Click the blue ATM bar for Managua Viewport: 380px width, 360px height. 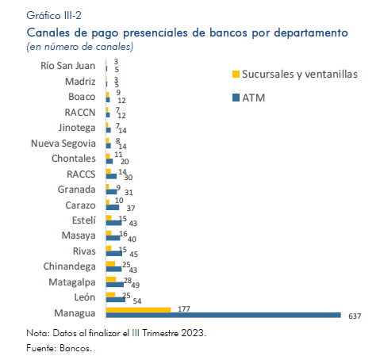pos(224,315)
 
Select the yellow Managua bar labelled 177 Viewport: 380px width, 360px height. pos(139,310)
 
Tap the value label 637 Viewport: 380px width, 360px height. pos(355,316)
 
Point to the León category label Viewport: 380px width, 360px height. pos(85,297)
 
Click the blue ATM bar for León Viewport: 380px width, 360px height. pos(116,300)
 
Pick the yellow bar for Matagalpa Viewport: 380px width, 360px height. pos(111,279)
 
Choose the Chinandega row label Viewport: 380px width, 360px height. pos(69,266)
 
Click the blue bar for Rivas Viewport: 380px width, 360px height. pos(114,254)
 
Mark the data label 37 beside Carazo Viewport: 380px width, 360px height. pos(131,209)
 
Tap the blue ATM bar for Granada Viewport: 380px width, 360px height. pos(112,192)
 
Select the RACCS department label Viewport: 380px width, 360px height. pos(81,174)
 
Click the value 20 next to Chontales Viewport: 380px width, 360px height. pos(125,162)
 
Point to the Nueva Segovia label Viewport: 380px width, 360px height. pos(63,144)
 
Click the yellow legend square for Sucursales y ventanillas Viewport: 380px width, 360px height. pos(236,75)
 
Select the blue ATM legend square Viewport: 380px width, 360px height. pos(236,98)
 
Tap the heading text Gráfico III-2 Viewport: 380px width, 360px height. pos(54,16)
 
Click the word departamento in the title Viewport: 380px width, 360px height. pos(311,33)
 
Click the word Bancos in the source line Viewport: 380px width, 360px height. pos(75,348)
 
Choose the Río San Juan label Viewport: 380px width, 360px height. pos(68,66)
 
